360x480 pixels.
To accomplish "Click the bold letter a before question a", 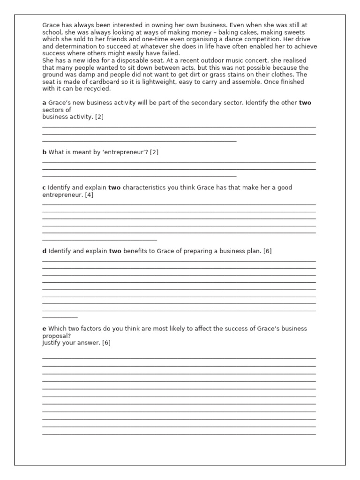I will point(44,103).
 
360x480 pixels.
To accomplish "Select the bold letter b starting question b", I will point(45,152).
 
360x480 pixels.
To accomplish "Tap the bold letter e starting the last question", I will point(45,329).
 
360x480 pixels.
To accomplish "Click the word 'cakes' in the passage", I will point(243,32).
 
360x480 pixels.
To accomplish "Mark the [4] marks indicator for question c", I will point(89,195).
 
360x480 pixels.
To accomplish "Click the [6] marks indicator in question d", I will point(267,251).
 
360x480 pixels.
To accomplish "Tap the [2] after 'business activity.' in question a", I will point(99,117).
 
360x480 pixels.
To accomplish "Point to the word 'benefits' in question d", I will point(135,251).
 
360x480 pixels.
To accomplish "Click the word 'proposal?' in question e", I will point(56,336).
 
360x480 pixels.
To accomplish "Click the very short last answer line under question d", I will point(60,317).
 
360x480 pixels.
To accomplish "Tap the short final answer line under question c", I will point(99,240).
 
